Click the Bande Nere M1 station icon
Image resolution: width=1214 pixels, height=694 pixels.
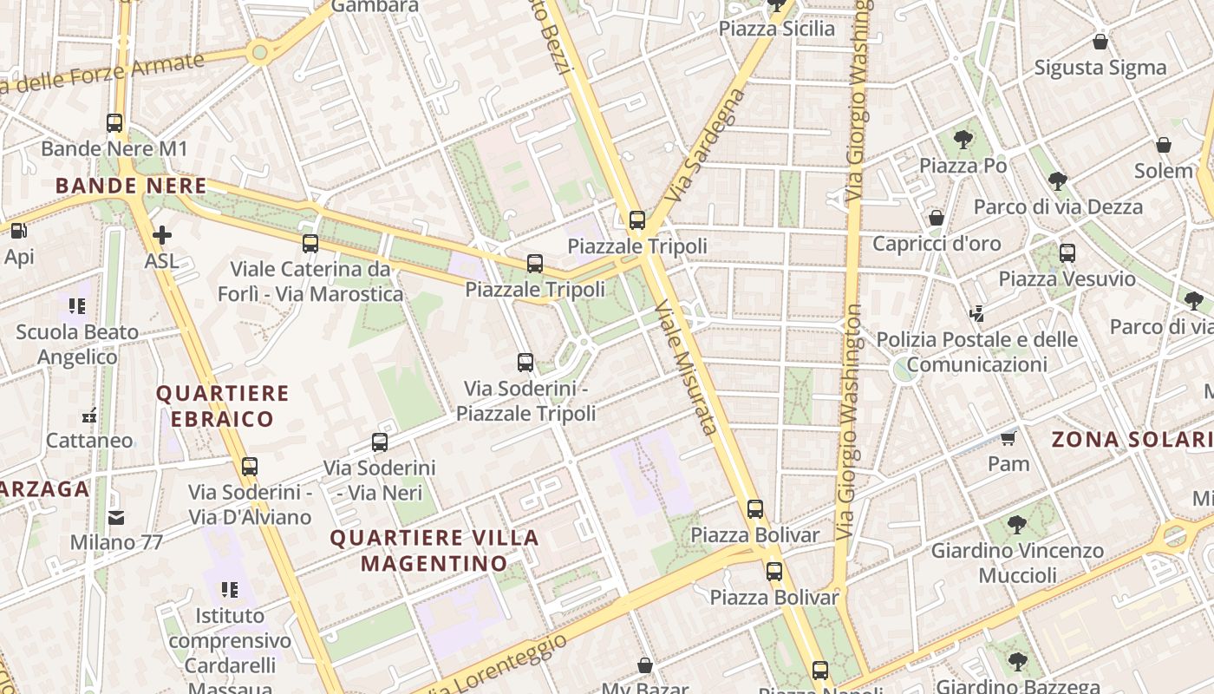pyautogui.click(x=114, y=123)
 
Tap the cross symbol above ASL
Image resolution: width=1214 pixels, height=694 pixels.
pyautogui.click(x=161, y=235)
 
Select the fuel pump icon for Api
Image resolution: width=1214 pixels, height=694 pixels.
pyautogui.click(x=18, y=231)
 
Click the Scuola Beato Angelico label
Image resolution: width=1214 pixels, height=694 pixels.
pyautogui.click(x=77, y=344)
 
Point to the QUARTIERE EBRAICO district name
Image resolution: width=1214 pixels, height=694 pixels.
pyautogui.click(x=222, y=406)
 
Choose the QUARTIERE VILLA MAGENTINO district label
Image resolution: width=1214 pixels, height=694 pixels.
pyautogui.click(x=434, y=551)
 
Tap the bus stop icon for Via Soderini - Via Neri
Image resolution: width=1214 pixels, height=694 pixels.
pyautogui.click(x=380, y=442)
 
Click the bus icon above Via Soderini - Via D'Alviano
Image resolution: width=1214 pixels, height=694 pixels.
pyautogui.click(x=250, y=467)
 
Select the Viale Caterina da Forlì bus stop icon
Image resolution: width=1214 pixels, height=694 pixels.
pyautogui.click(x=310, y=244)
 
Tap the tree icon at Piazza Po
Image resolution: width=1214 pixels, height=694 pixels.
pyautogui.click(x=963, y=140)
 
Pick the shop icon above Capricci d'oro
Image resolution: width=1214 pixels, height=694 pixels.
pyautogui.click(x=937, y=218)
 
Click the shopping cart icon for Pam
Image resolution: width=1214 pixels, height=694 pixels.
pyautogui.click(x=1008, y=438)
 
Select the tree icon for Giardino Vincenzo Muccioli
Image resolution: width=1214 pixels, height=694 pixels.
pyautogui.click(x=1016, y=525)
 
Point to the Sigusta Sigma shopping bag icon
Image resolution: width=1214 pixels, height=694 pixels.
pyautogui.click(x=1100, y=42)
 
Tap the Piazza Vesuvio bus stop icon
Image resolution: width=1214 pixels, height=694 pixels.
pyautogui.click(x=1067, y=253)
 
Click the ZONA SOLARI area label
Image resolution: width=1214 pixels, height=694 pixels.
pyautogui.click(x=1132, y=440)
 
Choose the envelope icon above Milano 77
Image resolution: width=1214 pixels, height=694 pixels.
pyautogui.click(x=116, y=518)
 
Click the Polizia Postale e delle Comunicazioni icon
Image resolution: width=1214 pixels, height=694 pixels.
pyautogui.click(x=977, y=313)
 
